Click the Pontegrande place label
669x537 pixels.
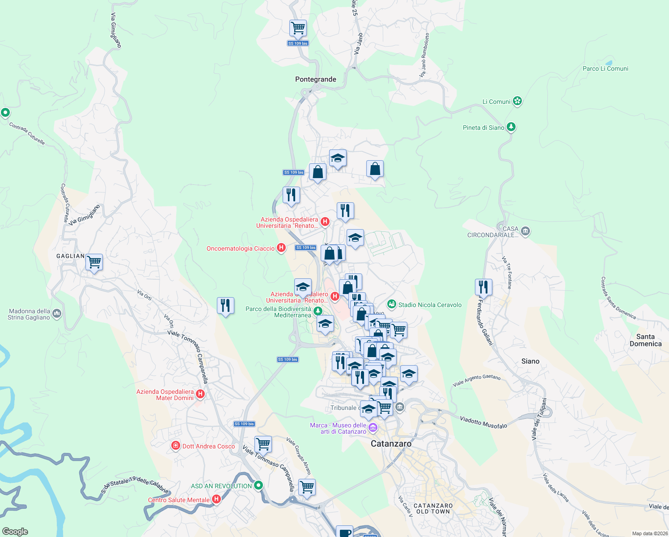pos(315,79)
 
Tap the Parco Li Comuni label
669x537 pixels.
pos(605,68)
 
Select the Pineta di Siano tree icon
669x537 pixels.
pos(511,128)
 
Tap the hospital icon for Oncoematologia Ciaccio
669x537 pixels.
pos(281,248)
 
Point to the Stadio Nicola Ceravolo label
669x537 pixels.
pos(429,305)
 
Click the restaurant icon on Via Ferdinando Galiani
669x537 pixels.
pos(483,287)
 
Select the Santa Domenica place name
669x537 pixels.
pos(645,340)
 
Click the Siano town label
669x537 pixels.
pos(530,361)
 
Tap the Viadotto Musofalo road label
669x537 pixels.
pos(483,422)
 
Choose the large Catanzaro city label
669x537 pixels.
pos(391,443)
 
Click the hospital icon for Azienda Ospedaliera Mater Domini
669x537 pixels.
pos(200,394)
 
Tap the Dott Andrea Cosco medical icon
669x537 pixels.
pos(176,446)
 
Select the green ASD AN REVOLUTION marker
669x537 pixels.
pos(258,486)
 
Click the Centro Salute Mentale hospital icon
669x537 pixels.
pos(216,499)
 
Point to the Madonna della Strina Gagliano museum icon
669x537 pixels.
pos(57,314)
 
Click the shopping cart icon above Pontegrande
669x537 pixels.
pos(298,28)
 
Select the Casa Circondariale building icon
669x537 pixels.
pos(525,231)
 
